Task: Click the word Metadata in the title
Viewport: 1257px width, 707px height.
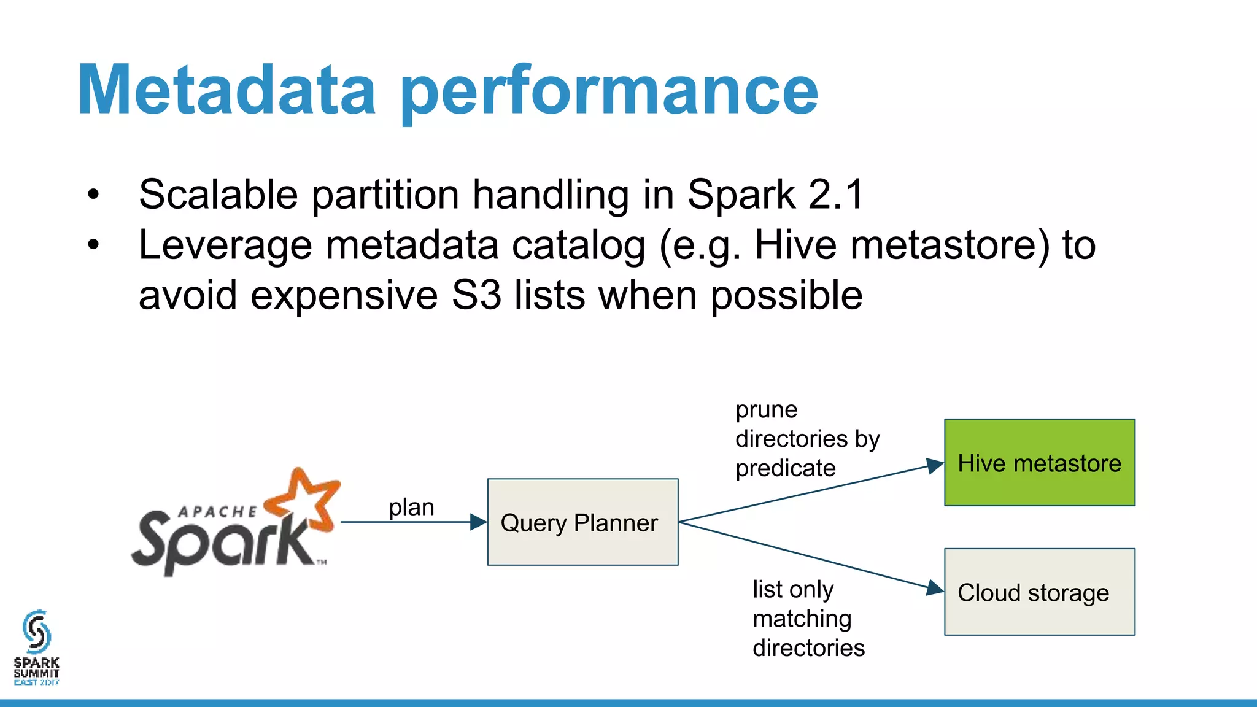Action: tap(226, 91)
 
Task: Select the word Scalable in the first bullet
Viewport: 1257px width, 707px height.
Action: tap(219, 195)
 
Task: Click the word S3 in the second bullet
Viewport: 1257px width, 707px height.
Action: tap(476, 295)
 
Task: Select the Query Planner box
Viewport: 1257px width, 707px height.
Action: tap(582, 522)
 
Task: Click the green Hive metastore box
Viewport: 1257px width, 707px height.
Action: tap(1039, 463)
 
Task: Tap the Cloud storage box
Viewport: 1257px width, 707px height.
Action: tap(1039, 592)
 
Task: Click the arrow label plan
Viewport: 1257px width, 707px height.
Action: tap(411, 508)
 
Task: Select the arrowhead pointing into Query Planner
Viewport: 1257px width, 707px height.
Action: tap(478, 522)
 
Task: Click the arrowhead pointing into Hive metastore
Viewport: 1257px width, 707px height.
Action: tap(934, 466)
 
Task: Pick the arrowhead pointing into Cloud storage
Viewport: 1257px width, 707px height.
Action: tap(934, 588)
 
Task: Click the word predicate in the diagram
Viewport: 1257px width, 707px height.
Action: tap(785, 468)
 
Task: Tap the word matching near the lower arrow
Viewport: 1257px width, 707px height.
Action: tap(802, 619)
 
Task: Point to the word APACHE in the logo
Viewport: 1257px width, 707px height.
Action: tap(217, 512)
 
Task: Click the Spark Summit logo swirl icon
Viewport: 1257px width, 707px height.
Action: tap(36, 632)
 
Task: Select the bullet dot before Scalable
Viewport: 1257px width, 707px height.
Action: tap(93, 195)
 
